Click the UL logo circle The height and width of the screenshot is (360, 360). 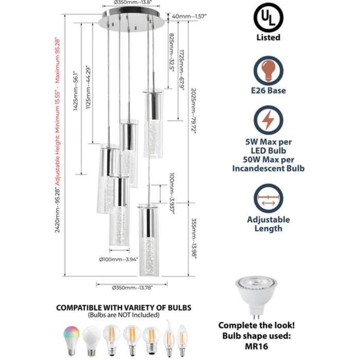coord(268,18)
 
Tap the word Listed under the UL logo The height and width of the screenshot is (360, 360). coord(268,38)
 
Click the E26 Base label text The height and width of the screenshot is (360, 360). coord(268,91)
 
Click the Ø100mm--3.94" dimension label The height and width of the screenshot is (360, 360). coord(118,259)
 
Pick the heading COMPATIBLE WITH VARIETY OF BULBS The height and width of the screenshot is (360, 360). coord(123,308)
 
